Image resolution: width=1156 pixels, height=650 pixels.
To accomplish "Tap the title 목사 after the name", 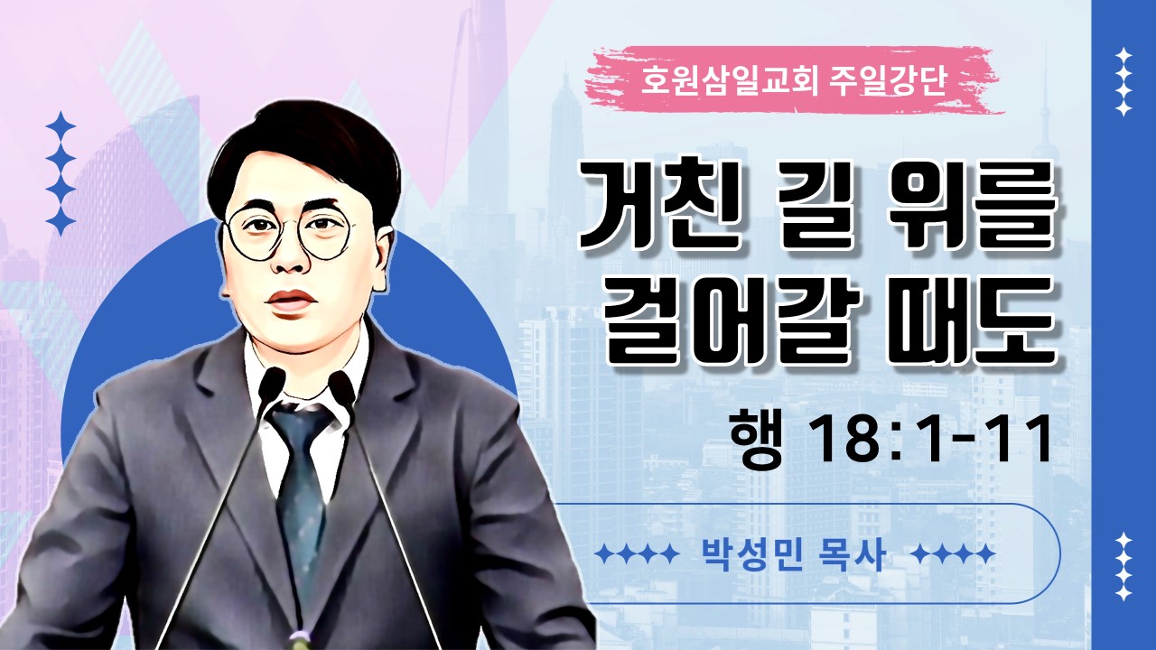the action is [852, 555].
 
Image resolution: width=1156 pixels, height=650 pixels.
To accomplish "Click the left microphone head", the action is [272, 383].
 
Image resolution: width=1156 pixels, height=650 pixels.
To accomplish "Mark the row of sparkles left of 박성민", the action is [637, 554].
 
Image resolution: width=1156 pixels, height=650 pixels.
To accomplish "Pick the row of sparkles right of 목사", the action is [953, 554].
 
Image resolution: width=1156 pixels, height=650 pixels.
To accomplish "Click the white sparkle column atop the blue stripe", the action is [1123, 82].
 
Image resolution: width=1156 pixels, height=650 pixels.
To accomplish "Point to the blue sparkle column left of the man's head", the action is [61, 173].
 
